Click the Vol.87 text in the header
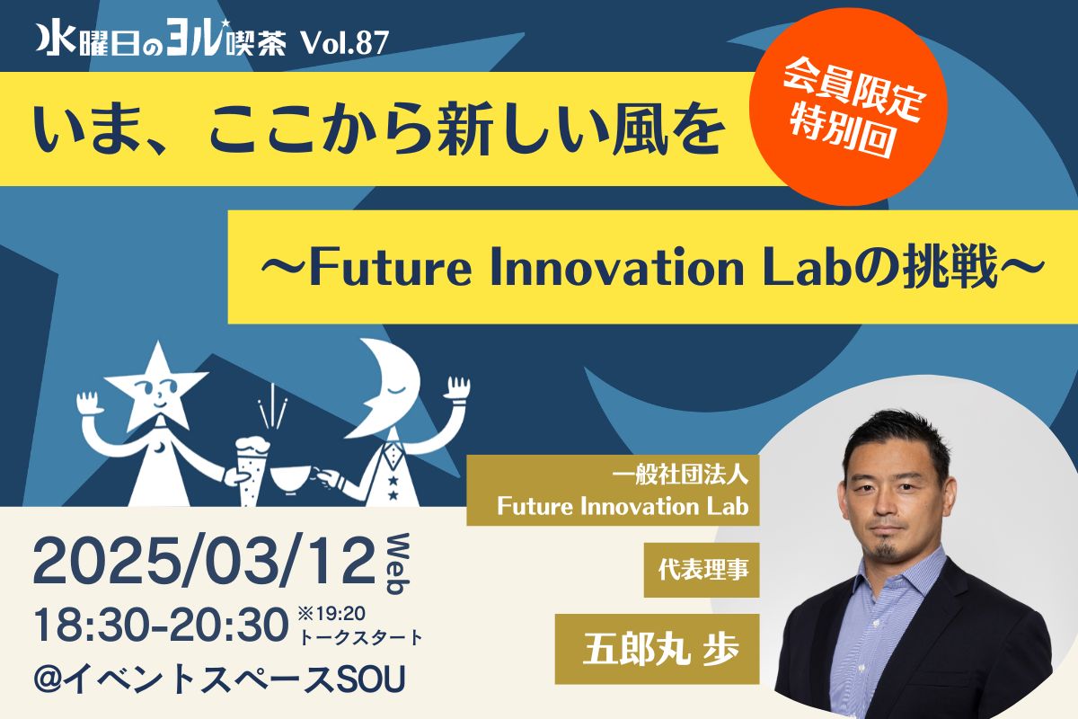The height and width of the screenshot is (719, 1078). click(345, 44)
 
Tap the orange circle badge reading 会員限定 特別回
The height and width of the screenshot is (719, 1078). click(848, 106)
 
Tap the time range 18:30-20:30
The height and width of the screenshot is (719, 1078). click(161, 626)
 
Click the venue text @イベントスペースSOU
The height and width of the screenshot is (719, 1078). click(219, 679)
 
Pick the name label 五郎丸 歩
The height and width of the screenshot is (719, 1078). click(657, 649)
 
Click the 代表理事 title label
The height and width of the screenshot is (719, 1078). click(702, 570)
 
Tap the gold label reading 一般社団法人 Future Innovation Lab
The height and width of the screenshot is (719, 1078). click(613, 490)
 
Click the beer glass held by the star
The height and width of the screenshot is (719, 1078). click(252, 470)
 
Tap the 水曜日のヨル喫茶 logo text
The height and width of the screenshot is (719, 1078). click(162, 44)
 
